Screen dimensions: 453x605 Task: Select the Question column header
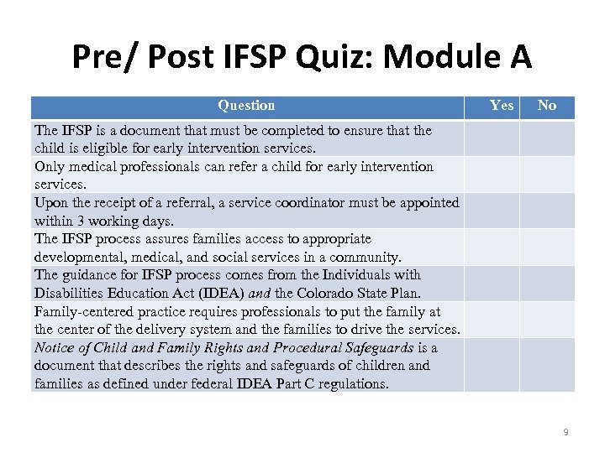[x=246, y=106]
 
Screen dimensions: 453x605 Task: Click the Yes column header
[x=502, y=106]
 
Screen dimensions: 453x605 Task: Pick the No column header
[x=547, y=106]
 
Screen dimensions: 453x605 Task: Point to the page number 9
[x=566, y=432]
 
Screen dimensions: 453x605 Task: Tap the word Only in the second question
[x=50, y=167]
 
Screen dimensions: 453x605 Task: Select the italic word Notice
[x=54, y=347]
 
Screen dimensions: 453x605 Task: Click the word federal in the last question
[x=229, y=384]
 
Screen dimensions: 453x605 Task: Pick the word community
[x=366, y=257]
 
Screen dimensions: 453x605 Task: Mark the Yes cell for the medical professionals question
[x=492, y=174]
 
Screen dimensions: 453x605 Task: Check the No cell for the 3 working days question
[x=547, y=211]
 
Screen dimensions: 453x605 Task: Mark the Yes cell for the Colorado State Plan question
[x=492, y=284]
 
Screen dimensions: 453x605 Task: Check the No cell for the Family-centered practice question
[x=547, y=320]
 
